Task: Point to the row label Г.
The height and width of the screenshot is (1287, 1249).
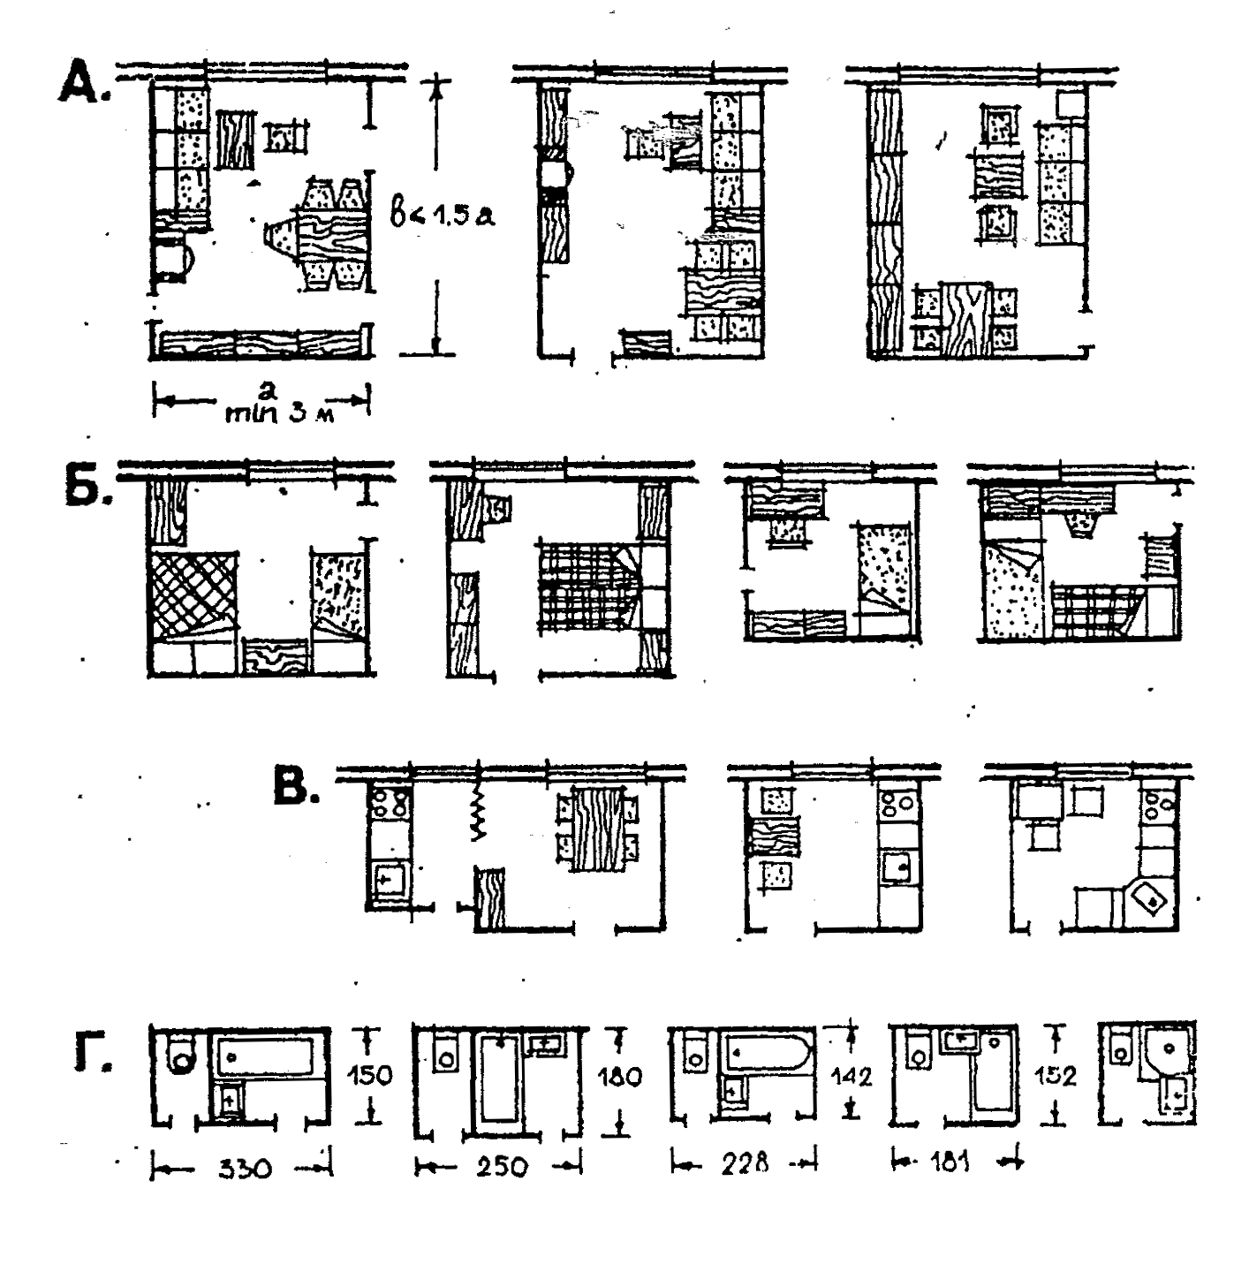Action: point(90,1054)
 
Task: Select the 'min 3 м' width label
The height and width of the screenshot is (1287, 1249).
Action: point(282,410)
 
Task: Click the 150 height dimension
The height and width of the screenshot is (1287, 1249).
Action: point(369,1076)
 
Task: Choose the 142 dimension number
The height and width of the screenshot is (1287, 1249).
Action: point(852,1077)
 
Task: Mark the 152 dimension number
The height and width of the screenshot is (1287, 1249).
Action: point(1056,1076)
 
